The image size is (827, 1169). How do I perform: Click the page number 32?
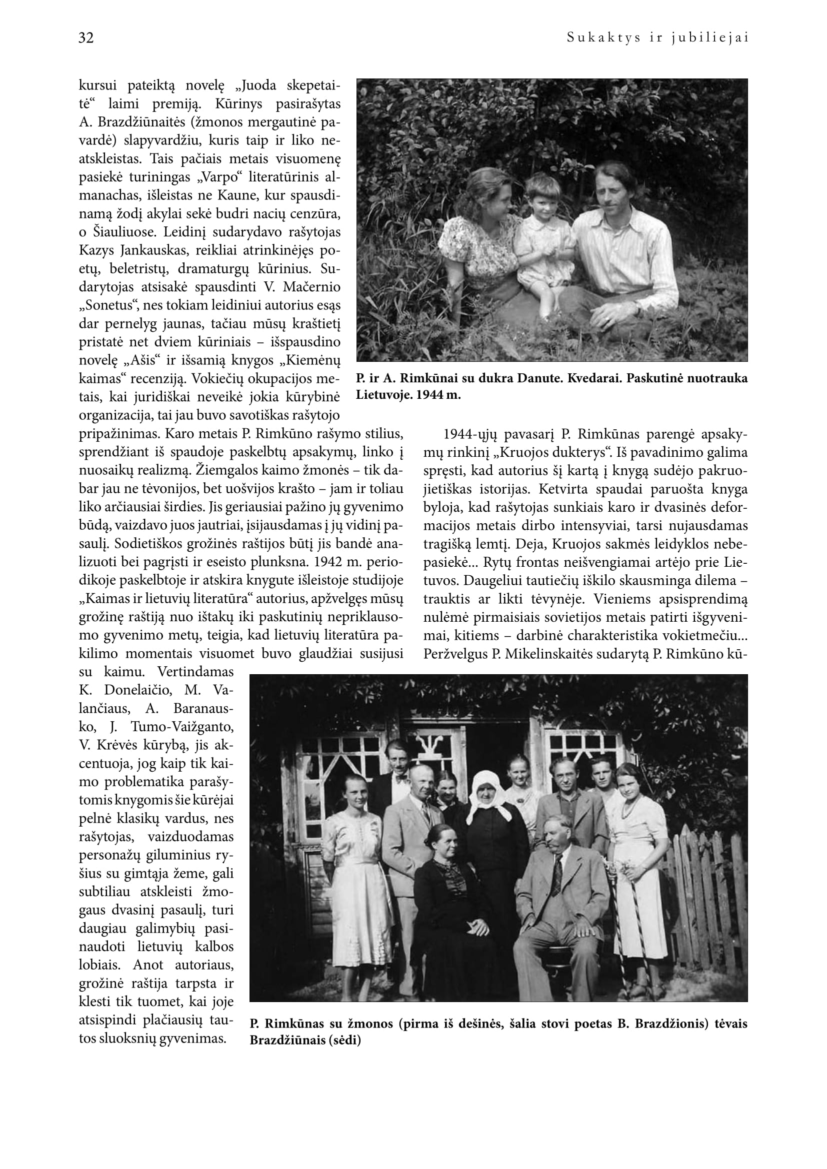(86, 38)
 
